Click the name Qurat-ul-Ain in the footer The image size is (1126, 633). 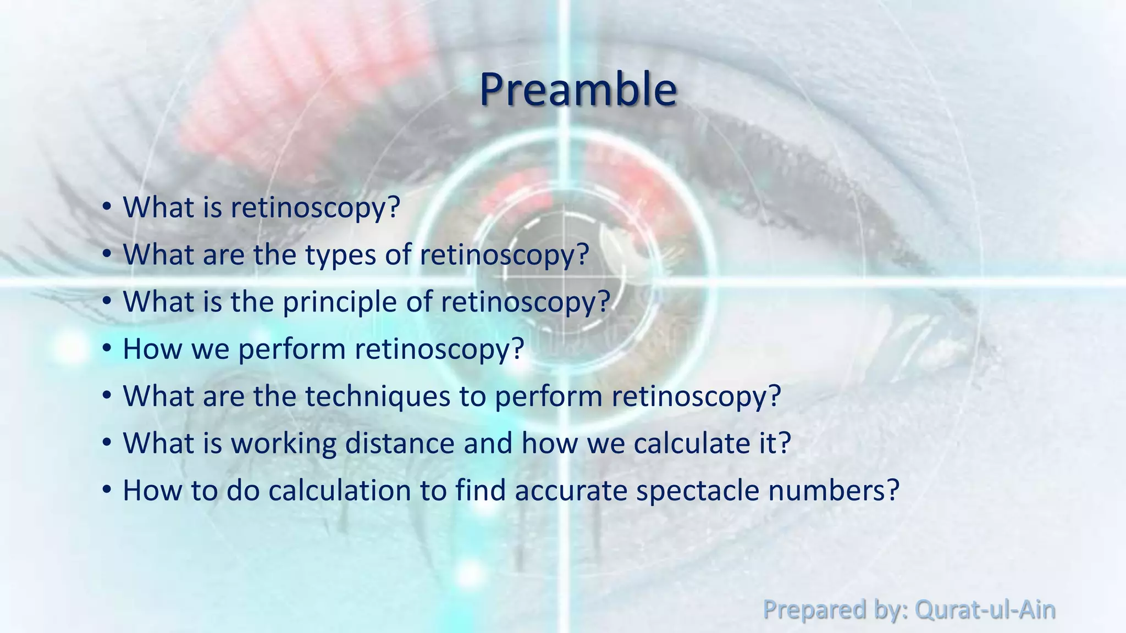click(985, 610)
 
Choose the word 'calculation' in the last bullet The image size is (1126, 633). click(340, 490)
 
